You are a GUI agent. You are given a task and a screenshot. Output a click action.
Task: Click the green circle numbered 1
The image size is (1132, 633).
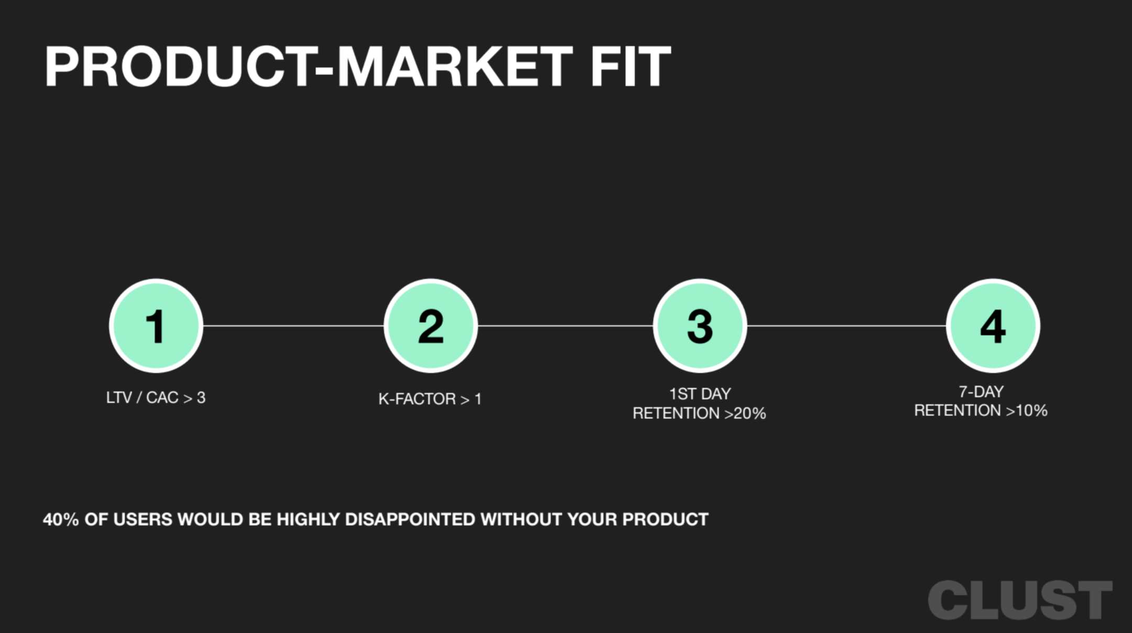(x=156, y=326)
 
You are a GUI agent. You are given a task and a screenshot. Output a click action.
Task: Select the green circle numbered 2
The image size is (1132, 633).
(x=431, y=326)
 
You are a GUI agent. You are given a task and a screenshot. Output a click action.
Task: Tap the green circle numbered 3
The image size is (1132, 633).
(x=700, y=326)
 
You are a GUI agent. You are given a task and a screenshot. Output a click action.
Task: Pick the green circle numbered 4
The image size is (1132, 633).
(x=993, y=326)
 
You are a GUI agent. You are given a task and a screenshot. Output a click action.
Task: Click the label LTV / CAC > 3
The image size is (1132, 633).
(x=156, y=398)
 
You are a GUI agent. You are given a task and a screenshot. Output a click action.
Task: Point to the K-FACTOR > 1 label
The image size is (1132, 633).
(x=430, y=399)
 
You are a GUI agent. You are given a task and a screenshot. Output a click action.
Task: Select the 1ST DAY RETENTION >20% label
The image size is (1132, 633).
(x=699, y=403)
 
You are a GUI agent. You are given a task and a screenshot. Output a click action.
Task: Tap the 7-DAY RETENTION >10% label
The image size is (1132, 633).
(x=981, y=401)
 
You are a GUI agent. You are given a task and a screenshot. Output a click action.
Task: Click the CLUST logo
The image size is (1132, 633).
(x=1020, y=600)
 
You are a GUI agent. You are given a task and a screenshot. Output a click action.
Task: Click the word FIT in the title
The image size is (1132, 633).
(x=630, y=67)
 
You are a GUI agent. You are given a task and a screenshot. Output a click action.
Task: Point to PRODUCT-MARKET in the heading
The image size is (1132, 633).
(x=309, y=67)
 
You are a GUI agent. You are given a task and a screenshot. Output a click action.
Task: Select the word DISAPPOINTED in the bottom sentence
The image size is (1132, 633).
(x=410, y=519)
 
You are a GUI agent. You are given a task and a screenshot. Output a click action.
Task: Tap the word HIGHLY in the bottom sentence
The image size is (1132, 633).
(x=308, y=519)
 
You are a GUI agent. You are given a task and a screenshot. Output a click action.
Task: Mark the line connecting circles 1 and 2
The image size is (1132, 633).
(x=293, y=326)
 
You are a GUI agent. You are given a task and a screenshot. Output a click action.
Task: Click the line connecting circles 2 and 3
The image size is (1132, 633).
(x=565, y=326)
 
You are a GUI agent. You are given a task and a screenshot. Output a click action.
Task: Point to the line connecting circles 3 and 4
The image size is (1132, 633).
(x=846, y=326)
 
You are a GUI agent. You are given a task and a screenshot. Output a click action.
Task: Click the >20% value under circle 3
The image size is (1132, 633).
(x=745, y=413)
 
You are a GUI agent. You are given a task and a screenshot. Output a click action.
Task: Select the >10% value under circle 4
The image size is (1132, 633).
(x=1026, y=410)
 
